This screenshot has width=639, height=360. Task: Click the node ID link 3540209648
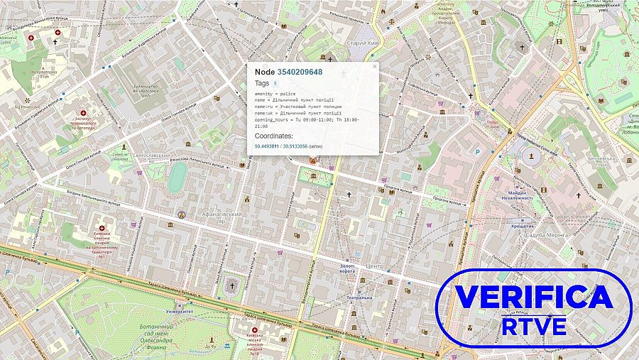299,72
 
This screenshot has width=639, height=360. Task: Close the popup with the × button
375,67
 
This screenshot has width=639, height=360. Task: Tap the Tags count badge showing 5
275,83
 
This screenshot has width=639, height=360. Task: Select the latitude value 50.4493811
267,146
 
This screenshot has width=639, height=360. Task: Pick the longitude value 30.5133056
295,146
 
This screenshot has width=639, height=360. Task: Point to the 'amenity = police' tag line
275,94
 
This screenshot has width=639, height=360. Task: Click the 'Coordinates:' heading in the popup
273,135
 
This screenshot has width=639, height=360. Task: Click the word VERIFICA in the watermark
533,297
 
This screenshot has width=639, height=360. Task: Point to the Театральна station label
359,298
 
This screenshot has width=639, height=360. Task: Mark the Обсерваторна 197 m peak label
43,74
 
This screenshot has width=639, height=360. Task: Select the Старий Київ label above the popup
361,43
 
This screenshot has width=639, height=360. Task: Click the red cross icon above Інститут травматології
83,113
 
